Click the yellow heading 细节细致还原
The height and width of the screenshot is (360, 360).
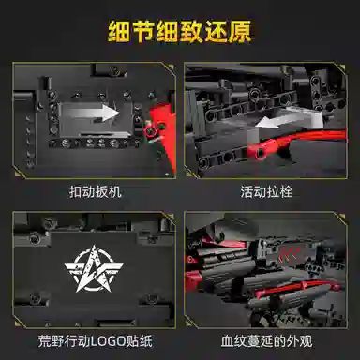(x=180, y=32)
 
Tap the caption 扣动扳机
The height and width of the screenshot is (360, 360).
(x=96, y=191)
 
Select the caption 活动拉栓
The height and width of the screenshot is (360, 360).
(x=266, y=191)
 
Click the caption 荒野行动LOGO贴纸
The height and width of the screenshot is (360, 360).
(x=96, y=341)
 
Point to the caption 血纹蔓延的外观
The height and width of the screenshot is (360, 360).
(x=266, y=341)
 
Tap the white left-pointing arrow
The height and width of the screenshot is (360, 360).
(x=289, y=119)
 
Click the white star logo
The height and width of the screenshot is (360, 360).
(x=94, y=268)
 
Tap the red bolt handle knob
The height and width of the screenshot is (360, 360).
(x=260, y=151)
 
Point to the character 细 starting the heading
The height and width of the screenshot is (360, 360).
(x=119, y=32)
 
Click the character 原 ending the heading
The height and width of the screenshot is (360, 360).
(x=240, y=32)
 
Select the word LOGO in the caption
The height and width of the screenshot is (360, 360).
(x=108, y=341)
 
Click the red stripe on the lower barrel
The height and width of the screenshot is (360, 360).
(x=293, y=288)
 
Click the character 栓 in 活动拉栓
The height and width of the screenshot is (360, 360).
(x=286, y=191)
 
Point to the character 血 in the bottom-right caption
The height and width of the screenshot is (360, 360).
(x=227, y=341)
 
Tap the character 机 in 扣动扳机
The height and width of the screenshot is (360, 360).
(x=115, y=191)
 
